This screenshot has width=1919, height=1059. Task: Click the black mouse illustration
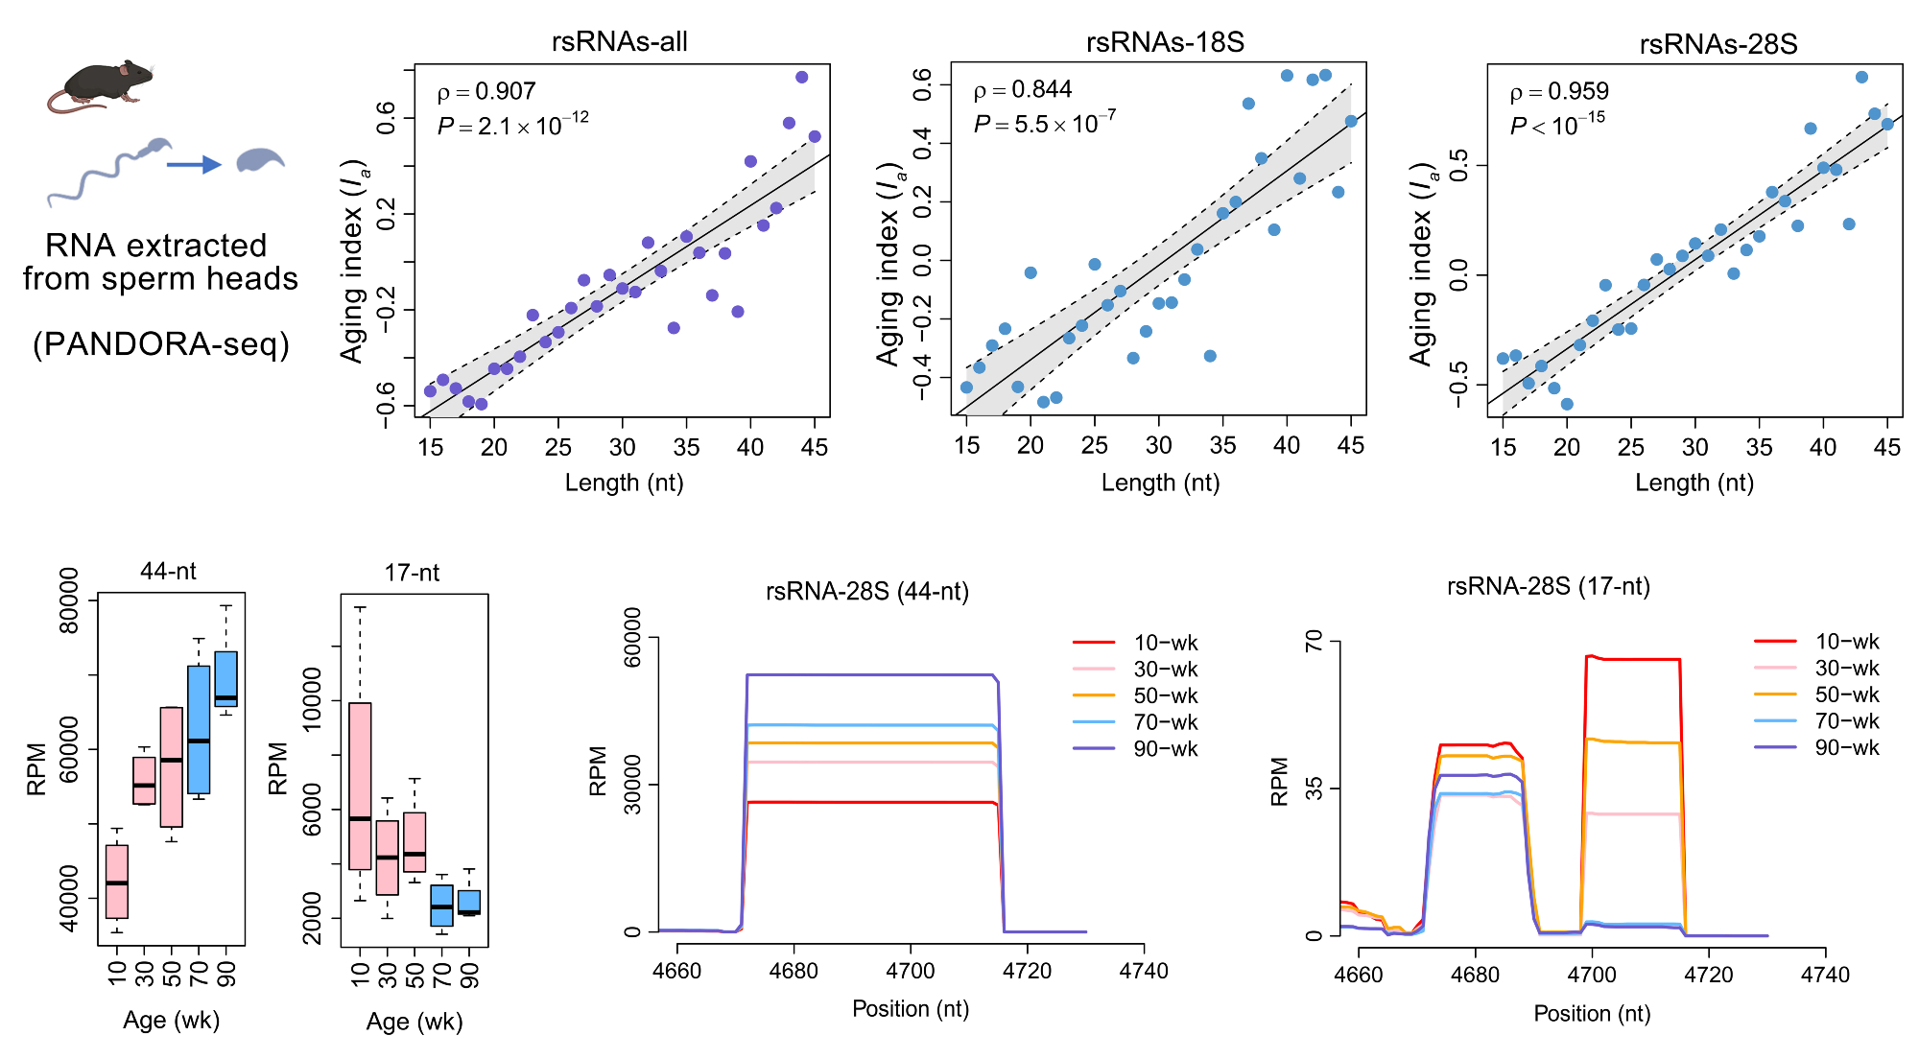(101, 84)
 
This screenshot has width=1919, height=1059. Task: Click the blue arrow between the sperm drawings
(194, 165)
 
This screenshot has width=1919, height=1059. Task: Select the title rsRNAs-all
(619, 42)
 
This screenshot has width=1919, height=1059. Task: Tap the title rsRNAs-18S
(1165, 42)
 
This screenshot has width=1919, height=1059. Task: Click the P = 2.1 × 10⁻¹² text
(513, 126)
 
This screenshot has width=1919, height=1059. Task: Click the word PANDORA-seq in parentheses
(161, 344)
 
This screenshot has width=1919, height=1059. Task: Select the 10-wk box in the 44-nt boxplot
(117, 881)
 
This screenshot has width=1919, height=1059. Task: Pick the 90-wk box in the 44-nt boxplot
(226, 679)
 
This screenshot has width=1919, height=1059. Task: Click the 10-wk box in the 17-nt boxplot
(360, 787)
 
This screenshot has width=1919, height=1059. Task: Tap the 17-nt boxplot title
(412, 574)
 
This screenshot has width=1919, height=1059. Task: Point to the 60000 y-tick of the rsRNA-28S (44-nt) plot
(633, 637)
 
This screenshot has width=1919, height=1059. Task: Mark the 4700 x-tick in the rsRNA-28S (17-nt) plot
(1592, 975)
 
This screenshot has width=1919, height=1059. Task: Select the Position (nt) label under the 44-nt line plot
(911, 1009)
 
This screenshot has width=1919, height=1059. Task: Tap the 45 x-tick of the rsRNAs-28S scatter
(1886, 447)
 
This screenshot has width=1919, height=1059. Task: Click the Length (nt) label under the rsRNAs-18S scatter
(1160, 482)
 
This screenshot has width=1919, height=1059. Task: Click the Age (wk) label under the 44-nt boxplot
(172, 1021)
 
